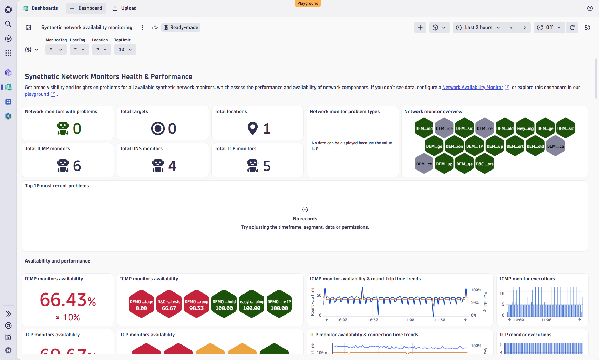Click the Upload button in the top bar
[x=125, y=8]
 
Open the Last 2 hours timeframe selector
[x=478, y=28]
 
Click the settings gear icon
[x=587, y=28]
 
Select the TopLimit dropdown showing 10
[x=125, y=50]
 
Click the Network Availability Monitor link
[x=472, y=88]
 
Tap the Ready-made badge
[x=181, y=28]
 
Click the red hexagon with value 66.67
[x=169, y=304]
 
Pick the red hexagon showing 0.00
[x=141, y=304]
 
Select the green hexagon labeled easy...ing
[x=525, y=128]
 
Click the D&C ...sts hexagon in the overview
[x=485, y=164]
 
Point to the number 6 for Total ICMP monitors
[x=77, y=166]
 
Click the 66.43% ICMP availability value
[x=68, y=300]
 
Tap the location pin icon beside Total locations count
[x=252, y=128]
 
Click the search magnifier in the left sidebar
[x=8, y=24]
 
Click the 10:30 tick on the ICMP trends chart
[x=373, y=320]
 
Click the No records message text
[x=305, y=219]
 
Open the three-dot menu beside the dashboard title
[x=143, y=28]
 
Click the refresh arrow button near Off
[x=572, y=28]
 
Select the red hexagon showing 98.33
[x=196, y=304]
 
